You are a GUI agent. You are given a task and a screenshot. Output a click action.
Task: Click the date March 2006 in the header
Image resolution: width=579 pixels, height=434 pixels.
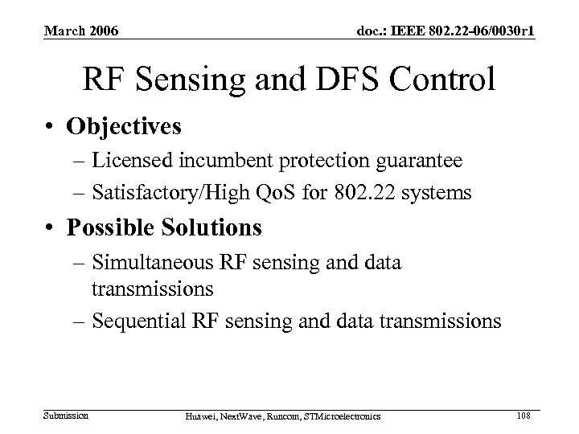click(80, 31)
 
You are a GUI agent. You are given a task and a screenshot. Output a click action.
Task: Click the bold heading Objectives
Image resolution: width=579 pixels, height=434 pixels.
click(125, 127)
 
